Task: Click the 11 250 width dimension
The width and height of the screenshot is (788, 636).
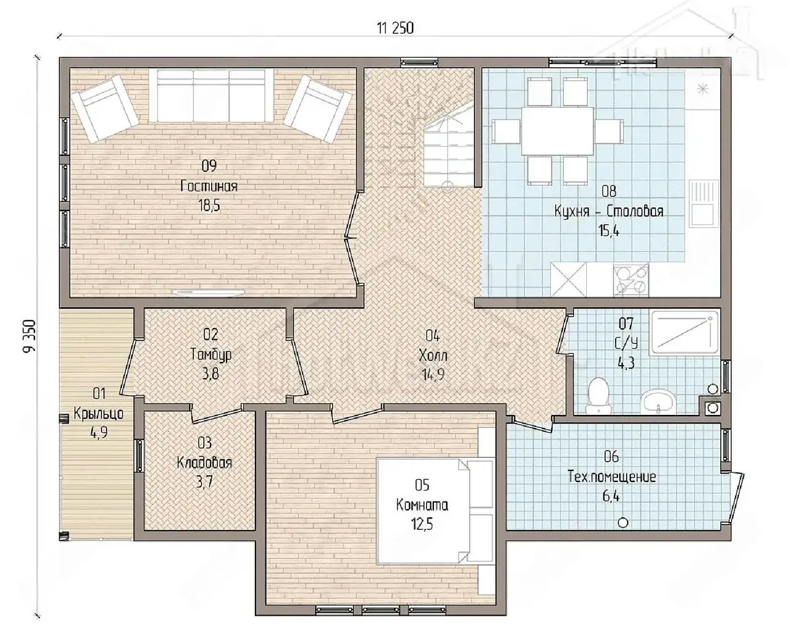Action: pos(395,28)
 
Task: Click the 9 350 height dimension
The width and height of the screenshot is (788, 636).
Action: pos(30,336)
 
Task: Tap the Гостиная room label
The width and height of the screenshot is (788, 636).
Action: pos(209,186)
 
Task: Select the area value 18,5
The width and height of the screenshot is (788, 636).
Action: pos(209,206)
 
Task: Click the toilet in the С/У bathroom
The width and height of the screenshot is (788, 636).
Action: pos(598,395)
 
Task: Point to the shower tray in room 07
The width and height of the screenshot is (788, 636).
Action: pos(685,332)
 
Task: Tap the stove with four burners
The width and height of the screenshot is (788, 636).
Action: pos(631,280)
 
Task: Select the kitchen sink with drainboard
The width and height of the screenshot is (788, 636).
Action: pos(704,204)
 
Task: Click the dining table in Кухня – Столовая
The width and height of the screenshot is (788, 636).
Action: pos(558,131)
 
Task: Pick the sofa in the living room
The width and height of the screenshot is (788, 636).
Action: pos(211,95)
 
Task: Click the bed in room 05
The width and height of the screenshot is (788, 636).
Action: pos(435,511)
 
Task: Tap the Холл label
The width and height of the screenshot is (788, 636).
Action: pos(433,355)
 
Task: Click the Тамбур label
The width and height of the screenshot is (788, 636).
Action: pos(211,355)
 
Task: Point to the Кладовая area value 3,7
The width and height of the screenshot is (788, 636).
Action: pos(204,482)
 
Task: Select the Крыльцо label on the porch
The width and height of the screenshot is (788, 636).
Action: pos(98,413)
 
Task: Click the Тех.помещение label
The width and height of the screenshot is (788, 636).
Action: pos(611,477)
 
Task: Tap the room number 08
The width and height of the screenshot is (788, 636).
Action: pos(609,191)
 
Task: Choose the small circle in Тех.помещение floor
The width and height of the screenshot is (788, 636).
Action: pos(624,523)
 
